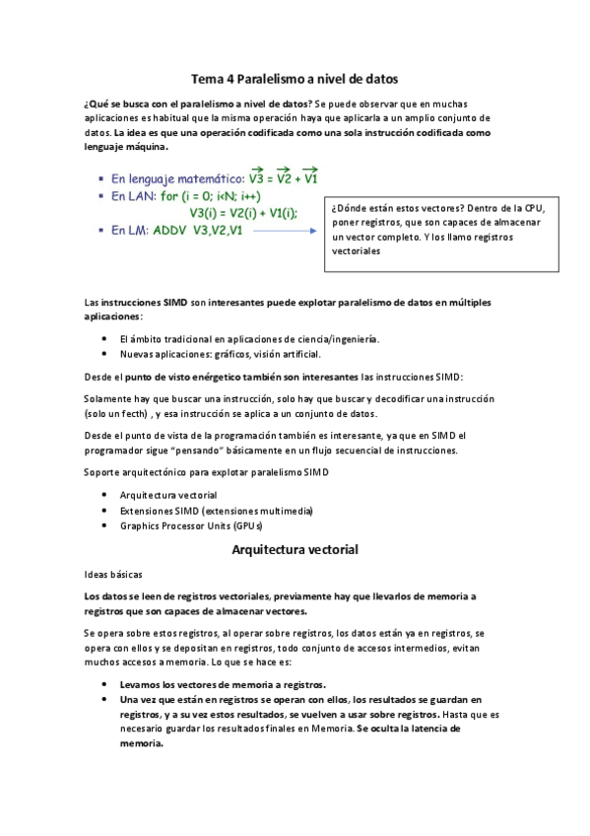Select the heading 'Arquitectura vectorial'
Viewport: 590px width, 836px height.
[295, 548]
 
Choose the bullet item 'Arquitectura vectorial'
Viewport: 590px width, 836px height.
[168, 494]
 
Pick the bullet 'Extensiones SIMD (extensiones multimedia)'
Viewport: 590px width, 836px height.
[216, 510]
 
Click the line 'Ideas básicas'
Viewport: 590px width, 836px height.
[114, 573]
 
